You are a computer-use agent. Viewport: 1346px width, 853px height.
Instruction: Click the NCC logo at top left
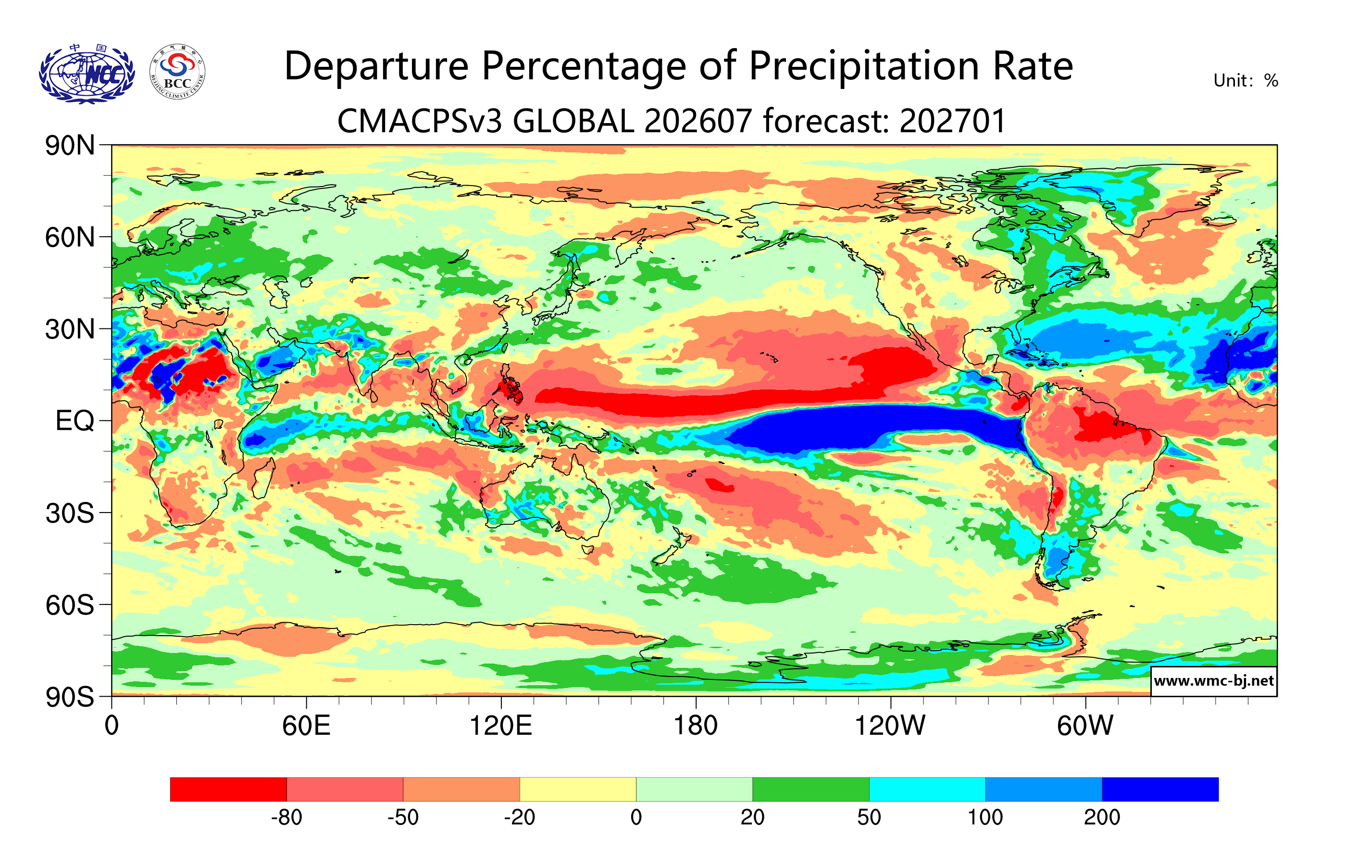(87, 74)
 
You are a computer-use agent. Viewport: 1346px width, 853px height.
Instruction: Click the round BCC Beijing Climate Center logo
(177, 72)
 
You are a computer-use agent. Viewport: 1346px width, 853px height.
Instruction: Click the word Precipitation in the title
(864, 67)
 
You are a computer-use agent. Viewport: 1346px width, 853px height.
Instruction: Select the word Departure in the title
(376, 67)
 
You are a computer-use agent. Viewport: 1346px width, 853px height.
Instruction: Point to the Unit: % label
(1246, 80)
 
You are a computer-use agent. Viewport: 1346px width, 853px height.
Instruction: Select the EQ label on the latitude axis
(75, 421)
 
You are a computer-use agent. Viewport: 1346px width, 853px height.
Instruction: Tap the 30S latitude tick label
(70, 513)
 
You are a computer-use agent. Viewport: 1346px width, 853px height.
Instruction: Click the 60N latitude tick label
(70, 238)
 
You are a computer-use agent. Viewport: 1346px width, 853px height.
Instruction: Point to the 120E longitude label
(500, 726)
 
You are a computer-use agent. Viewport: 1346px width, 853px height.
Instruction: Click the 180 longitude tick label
(696, 726)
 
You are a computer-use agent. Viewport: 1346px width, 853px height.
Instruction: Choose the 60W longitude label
(1085, 726)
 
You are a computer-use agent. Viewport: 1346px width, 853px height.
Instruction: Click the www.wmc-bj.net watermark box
(1213, 681)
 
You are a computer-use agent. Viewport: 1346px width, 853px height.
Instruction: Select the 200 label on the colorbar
(1102, 817)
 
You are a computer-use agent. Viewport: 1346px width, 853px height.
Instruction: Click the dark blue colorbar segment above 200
(1160, 789)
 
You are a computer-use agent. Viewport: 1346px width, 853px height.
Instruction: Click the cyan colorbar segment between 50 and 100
(927, 789)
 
